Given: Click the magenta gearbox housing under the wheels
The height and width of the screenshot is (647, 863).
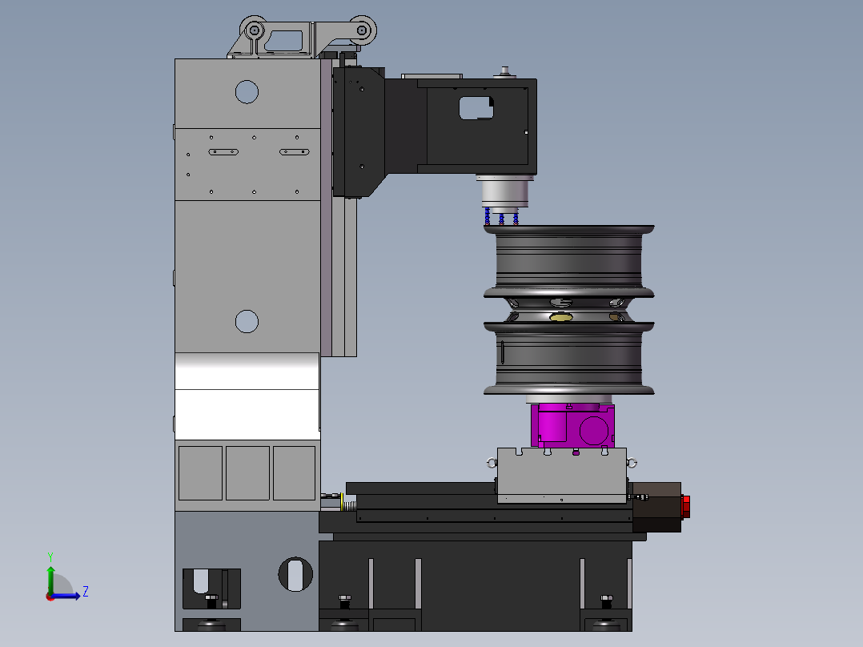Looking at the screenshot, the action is [x=572, y=426].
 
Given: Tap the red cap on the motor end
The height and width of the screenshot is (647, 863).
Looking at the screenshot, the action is [x=686, y=507].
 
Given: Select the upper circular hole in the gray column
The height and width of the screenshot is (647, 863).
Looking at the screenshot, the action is [x=247, y=92].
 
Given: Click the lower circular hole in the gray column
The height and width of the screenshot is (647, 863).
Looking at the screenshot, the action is [x=247, y=322].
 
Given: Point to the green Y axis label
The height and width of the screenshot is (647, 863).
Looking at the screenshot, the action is [x=50, y=557].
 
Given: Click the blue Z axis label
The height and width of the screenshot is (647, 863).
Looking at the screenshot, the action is [x=86, y=592].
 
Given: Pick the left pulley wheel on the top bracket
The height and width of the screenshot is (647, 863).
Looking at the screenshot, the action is [x=255, y=30].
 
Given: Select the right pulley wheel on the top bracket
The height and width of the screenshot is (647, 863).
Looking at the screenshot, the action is [x=362, y=30].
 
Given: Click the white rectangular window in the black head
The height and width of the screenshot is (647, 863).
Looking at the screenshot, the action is [x=476, y=108].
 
